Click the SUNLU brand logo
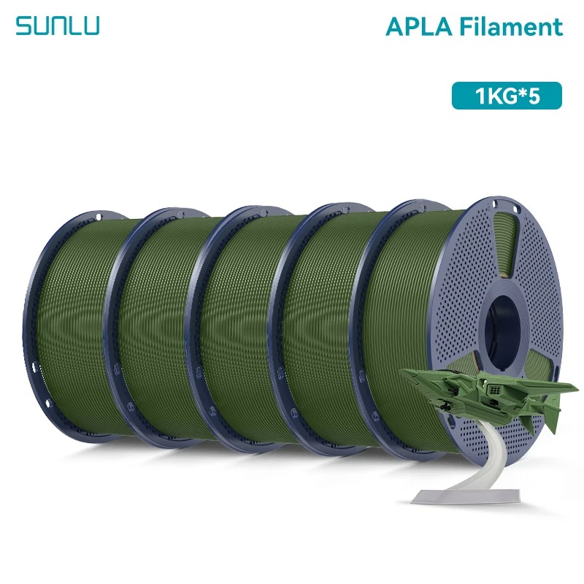[58, 26]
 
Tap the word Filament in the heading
[511, 26]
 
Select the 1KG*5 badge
[507, 96]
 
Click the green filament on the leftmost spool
[80, 328]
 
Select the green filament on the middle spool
[242, 328]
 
